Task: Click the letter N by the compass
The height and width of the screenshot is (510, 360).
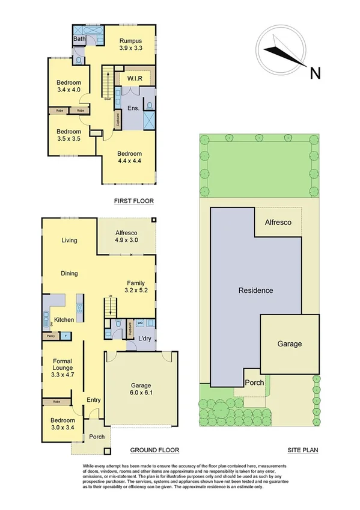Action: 314,74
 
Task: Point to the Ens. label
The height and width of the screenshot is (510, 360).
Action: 133,109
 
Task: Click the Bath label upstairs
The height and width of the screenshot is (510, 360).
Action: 79,39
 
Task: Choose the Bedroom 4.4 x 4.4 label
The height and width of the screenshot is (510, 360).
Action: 129,158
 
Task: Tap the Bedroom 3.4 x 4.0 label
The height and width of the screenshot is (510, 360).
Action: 69,87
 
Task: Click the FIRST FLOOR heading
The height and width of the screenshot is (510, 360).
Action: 134,201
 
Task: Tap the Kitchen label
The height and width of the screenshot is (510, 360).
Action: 64,319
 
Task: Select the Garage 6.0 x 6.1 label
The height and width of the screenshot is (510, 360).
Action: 141,389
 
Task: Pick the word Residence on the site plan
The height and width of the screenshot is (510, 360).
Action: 255,290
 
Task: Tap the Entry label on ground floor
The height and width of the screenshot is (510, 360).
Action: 93,400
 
